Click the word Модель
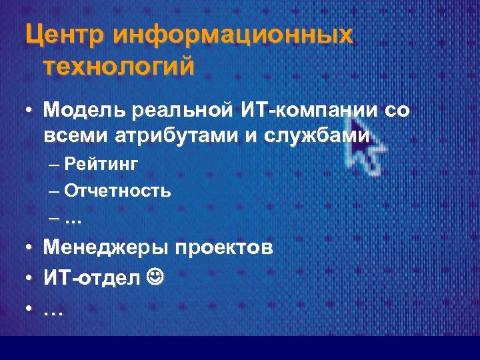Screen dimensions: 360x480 (x=86, y=109)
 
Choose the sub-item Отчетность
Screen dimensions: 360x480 (x=118, y=191)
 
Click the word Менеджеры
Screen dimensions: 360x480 (x=104, y=249)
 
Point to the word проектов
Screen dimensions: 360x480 (x=223, y=249)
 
